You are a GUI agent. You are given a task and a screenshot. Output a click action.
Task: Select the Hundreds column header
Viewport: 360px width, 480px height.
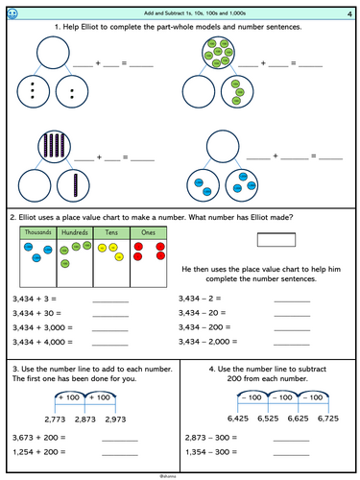[x=74, y=232]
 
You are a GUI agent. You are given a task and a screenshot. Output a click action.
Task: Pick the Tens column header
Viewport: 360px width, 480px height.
[x=110, y=232]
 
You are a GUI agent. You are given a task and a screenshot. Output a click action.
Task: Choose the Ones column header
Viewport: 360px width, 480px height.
[x=147, y=232]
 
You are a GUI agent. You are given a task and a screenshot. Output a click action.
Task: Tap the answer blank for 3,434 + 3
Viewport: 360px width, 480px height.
[x=109, y=300]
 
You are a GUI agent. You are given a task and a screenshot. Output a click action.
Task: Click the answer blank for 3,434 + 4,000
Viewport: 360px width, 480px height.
[x=109, y=344]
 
